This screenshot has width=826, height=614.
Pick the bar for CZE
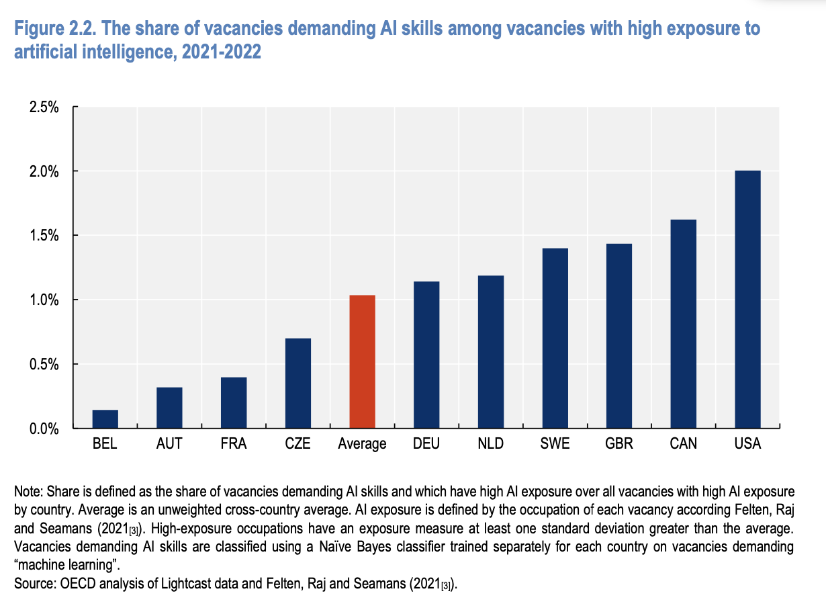297,382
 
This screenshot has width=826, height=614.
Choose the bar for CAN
684,323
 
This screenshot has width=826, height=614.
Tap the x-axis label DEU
426,444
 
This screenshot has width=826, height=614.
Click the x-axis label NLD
491,444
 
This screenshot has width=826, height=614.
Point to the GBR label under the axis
619,444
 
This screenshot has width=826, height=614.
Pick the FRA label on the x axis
234,444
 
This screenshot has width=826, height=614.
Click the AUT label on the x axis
169,444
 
